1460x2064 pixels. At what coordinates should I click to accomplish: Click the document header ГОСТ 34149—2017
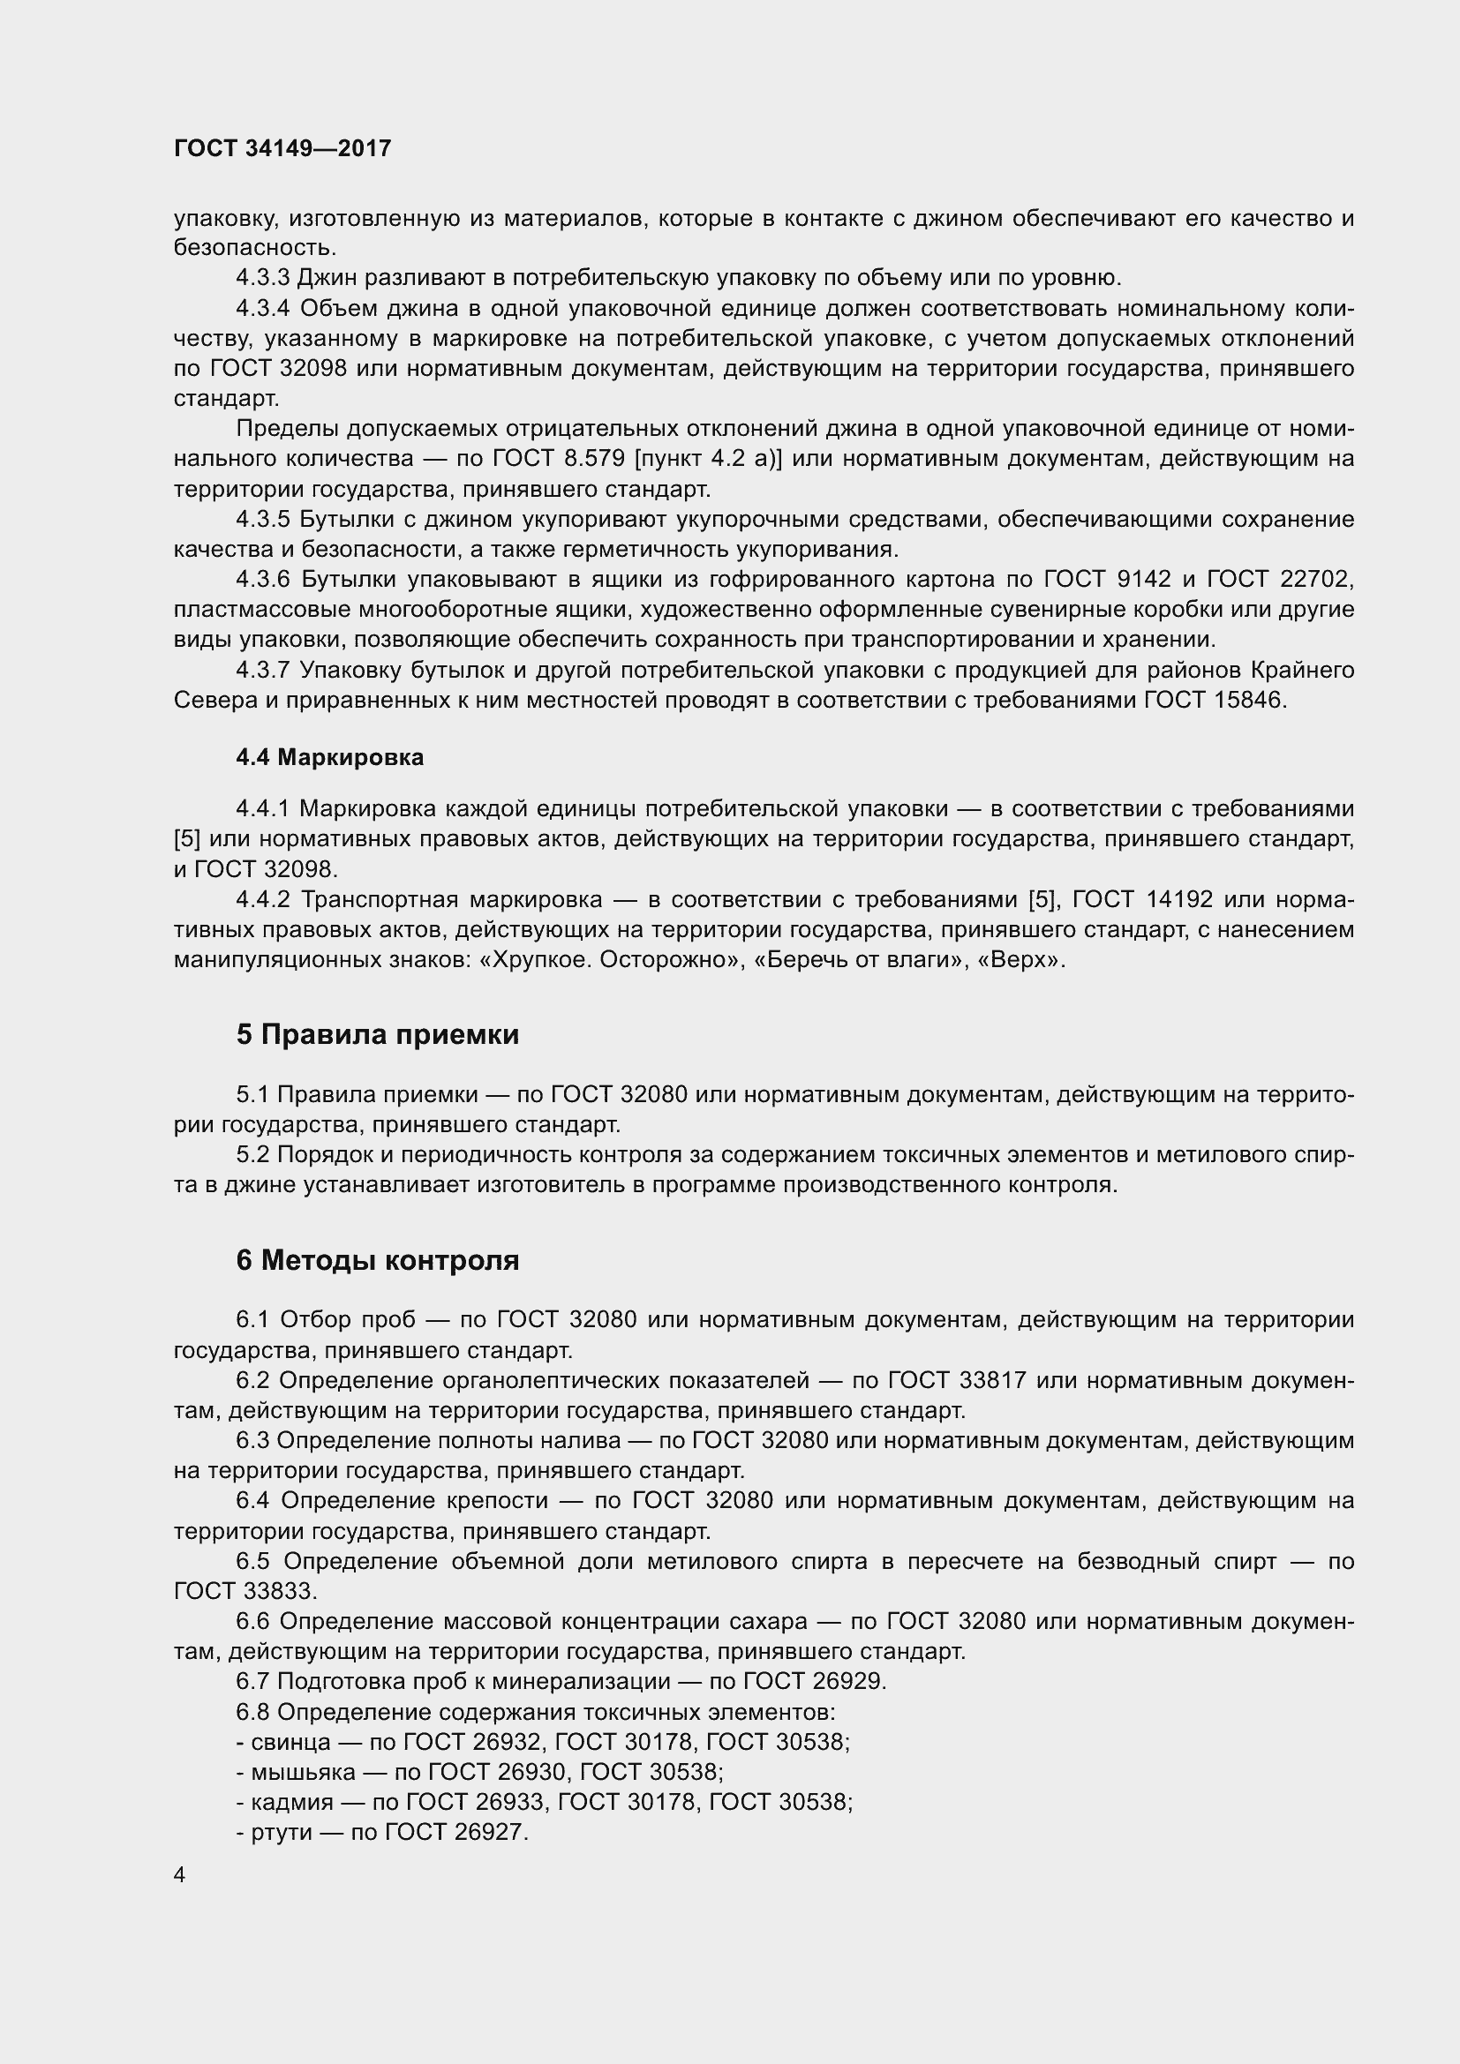coord(282,148)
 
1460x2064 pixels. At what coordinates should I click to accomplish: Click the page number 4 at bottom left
coord(180,1875)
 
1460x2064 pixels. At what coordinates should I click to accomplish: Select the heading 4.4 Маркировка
coord(329,757)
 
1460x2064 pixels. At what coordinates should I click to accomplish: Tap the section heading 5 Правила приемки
coord(378,1035)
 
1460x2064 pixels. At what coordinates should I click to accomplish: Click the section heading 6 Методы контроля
coord(378,1260)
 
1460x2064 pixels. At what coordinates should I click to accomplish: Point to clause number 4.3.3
coord(262,278)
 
